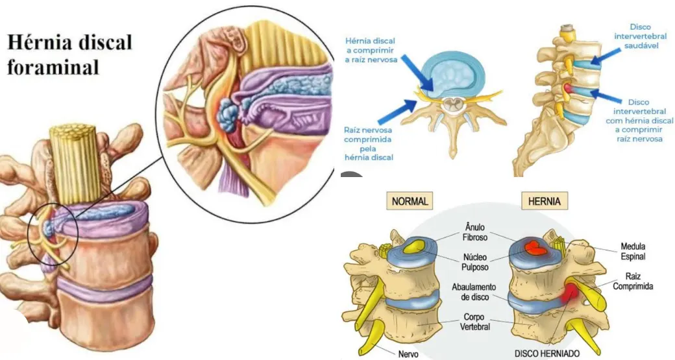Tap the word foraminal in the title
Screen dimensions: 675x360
(53, 67)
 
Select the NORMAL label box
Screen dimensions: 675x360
(410, 201)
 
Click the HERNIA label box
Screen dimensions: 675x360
(544, 201)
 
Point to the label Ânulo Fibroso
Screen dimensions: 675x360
(475, 232)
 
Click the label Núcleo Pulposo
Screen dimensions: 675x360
(475, 262)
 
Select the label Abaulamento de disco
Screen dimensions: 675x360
(474, 292)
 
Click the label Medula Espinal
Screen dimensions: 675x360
(633, 252)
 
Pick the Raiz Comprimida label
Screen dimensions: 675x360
(633, 282)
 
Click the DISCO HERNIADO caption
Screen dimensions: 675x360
(546, 353)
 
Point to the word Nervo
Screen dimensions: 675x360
(408, 354)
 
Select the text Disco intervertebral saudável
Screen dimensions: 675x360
(641, 36)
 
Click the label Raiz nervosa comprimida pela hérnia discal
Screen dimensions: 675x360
(369, 143)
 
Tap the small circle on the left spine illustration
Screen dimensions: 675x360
(53, 234)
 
